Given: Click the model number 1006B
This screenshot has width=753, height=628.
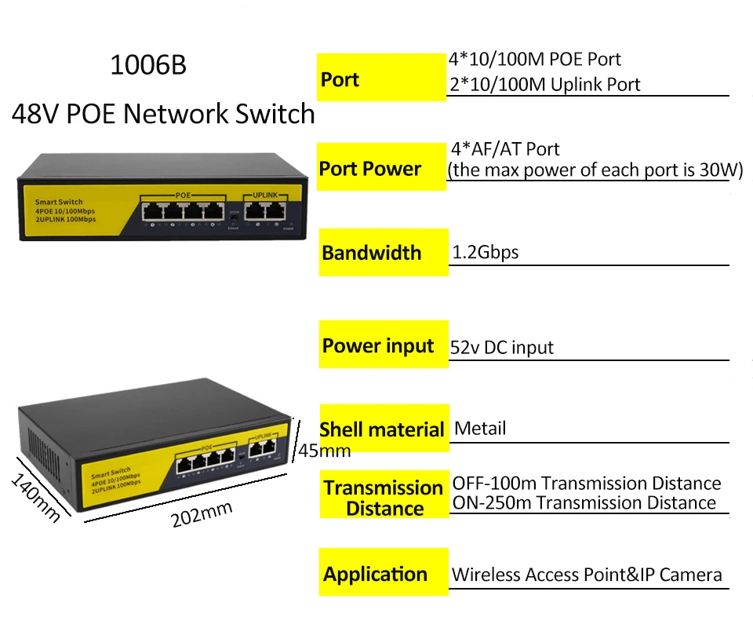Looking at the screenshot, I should click(x=148, y=65).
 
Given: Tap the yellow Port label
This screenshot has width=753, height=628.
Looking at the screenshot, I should click(x=340, y=79).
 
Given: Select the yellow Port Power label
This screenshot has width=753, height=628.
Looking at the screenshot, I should click(x=369, y=169).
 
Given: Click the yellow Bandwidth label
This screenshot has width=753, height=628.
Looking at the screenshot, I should click(x=371, y=253).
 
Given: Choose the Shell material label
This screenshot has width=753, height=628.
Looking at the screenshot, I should click(x=382, y=429).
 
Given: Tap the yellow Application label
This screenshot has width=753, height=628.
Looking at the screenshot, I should click(x=375, y=574).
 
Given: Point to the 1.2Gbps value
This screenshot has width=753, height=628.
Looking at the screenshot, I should click(x=486, y=253).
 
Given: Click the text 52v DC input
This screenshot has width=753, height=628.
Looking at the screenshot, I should click(x=502, y=348).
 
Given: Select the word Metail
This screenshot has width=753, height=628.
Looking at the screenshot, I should click(x=480, y=429).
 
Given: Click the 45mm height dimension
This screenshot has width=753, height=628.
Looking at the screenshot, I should click(x=324, y=451).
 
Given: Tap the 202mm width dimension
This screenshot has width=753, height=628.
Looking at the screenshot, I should click(x=202, y=515).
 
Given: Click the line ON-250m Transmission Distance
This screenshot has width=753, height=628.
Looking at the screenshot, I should click(x=584, y=503).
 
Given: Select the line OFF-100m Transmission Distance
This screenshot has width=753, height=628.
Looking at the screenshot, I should click(x=586, y=483).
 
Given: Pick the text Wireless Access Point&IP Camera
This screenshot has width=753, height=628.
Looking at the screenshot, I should click(x=586, y=575).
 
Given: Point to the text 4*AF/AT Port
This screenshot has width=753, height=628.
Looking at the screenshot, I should click(x=506, y=149).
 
